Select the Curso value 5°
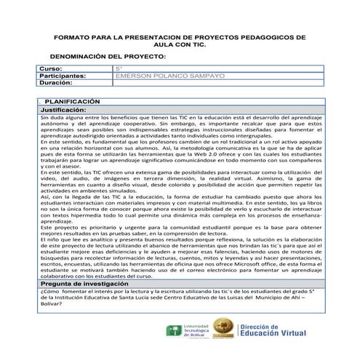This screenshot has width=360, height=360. point(120,68)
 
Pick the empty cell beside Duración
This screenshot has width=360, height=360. point(218,83)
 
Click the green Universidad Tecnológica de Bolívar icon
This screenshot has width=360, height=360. point(175,332)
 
